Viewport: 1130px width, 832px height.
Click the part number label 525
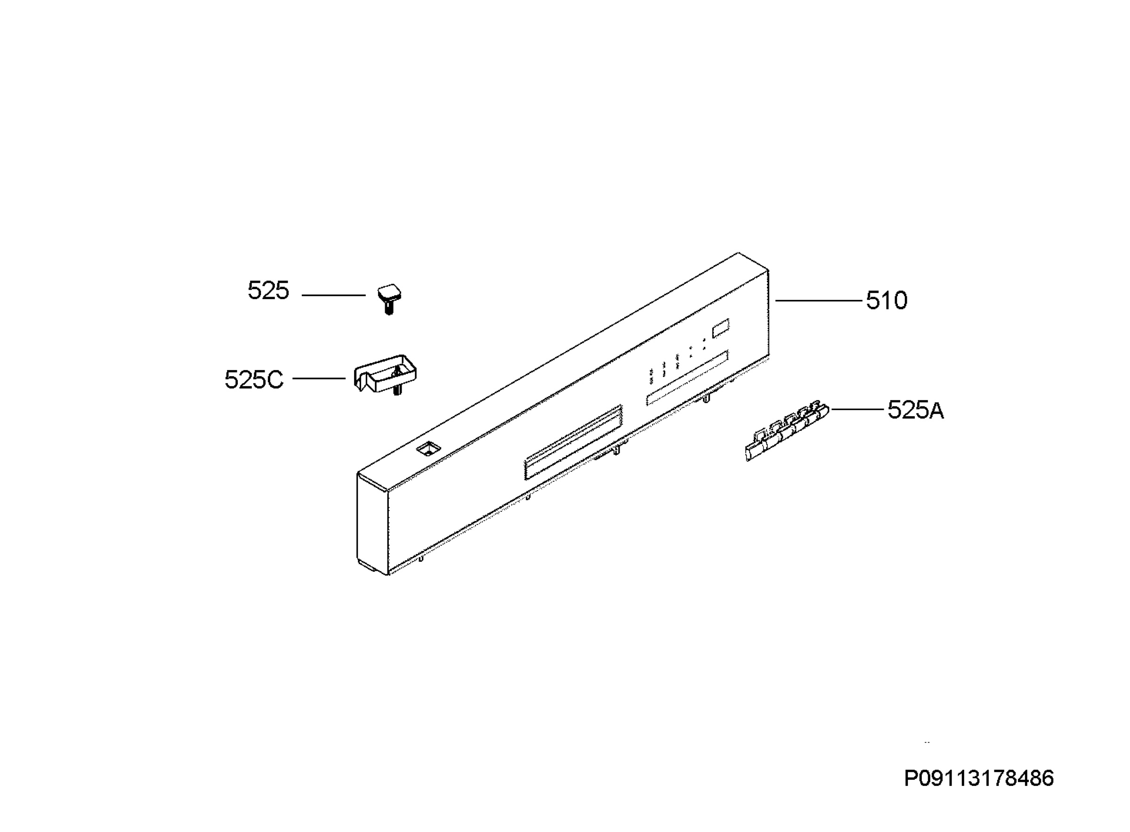click(x=268, y=291)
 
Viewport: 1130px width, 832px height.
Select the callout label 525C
click(x=254, y=380)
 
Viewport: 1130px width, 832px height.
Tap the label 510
click(x=886, y=301)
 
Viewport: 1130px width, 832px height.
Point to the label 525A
click(x=915, y=410)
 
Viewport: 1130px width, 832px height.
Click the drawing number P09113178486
click(x=979, y=779)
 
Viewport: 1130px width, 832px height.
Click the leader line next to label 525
click(x=334, y=295)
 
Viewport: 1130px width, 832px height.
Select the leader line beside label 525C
click(x=319, y=378)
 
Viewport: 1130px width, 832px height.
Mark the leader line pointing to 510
click(x=819, y=301)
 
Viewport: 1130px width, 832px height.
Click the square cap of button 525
click(x=389, y=292)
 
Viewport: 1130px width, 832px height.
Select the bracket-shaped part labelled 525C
click(x=385, y=373)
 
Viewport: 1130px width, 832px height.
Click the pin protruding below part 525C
click(x=397, y=390)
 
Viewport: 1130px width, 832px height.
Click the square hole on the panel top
click(x=428, y=449)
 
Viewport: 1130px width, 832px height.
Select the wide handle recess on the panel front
click(x=573, y=443)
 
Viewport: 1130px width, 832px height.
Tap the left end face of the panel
click(x=372, y=524)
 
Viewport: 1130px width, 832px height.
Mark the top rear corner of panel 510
click(x=738, y=253)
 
